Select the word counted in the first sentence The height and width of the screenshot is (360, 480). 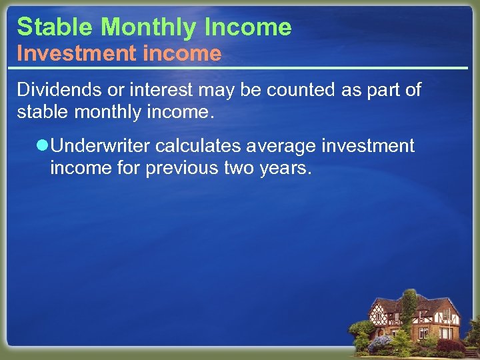(308, 90)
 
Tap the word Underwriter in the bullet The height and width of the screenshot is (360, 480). (101, 146)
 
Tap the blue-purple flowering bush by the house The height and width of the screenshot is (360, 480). (380, 343)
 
